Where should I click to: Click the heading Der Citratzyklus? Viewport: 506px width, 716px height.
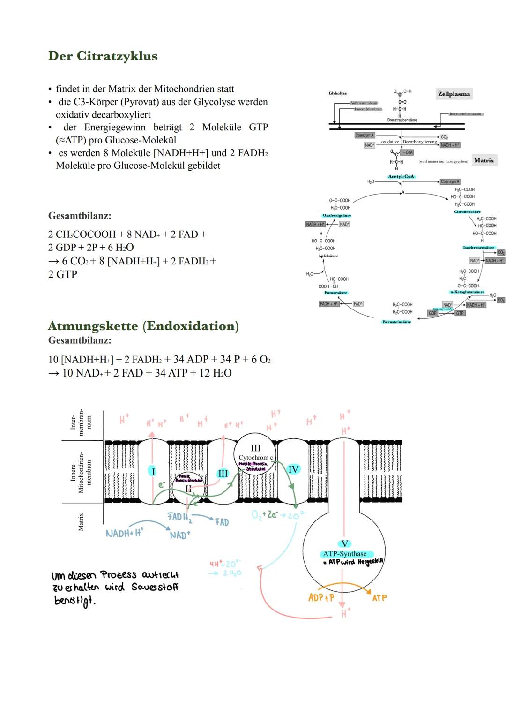point(103,56)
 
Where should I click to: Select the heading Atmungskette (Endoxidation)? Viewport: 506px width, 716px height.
point(143,326)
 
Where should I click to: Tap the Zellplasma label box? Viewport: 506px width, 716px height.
point(454,94)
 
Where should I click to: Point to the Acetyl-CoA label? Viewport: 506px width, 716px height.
point(401,177)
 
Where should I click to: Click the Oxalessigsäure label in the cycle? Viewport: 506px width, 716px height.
point(337,215)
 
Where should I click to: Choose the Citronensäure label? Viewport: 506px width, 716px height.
point(467,212)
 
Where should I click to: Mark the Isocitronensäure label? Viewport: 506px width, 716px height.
point(478,248)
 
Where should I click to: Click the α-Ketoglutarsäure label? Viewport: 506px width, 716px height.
point(467,292)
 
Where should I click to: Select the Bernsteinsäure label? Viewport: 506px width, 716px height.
point(397,322)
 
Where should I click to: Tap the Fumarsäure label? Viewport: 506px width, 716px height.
point(336,293)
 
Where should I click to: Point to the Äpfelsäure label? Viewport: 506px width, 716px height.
point(328,256)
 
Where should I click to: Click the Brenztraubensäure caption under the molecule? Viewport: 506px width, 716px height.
point(402,120)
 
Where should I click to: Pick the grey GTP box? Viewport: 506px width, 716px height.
point(460,313)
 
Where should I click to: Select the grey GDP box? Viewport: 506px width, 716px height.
point(432,313)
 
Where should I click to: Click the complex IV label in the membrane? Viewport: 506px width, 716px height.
point(293,469)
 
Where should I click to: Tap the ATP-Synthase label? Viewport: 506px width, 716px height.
point(345,554)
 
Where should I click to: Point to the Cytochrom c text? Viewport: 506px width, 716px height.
point(255,457)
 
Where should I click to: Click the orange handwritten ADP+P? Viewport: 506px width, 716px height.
point(321,598)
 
